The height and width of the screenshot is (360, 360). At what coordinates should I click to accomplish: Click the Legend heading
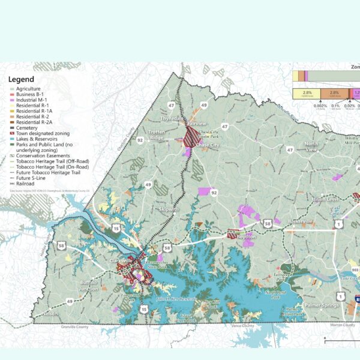tap(21, 79)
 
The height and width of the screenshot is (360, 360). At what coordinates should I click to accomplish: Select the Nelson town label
tap(50, 313)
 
